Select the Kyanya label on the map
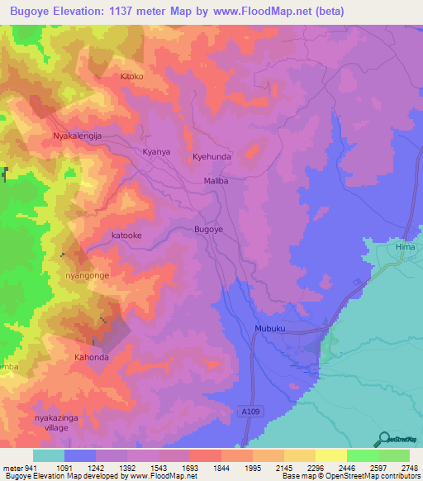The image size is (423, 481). pos(156,152)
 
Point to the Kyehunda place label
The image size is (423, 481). pos(212,155)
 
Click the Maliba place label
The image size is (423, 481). pos(215,179)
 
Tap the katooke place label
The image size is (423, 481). pos(126,236)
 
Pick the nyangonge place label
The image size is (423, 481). pos(87,274)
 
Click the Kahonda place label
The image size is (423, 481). pos(92,357)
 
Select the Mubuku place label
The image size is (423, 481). pos(269,327)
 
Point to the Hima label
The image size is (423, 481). pos(382,246)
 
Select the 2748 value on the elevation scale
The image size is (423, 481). pos(409,468)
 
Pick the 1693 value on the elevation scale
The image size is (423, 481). pos(189,468)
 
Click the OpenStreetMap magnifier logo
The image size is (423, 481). pos(383,439)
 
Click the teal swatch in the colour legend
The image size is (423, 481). pos(49,455)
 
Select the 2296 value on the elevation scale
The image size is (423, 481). pos(315,468)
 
